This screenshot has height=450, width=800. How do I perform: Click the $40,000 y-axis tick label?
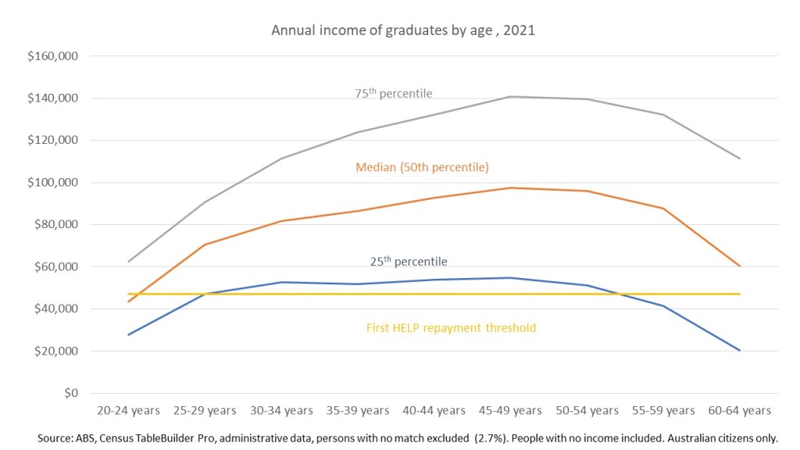coord(56,309)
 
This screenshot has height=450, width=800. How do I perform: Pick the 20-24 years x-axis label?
coord(128,410)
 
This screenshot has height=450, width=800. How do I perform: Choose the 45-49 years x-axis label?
coord(510,410)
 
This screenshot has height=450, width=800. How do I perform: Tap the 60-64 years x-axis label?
coord(739,410)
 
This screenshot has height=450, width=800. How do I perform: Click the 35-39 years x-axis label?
coord(357,410)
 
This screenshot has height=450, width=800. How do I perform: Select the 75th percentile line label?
coord(394,94)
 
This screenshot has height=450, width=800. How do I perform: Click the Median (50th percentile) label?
coord(422,167)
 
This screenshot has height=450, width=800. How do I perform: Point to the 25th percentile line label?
coord(409,262)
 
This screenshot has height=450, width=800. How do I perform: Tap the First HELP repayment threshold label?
coord(451,328)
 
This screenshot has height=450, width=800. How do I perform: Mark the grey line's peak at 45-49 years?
coord(510,97)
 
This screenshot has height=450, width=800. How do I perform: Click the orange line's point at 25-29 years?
coord(205,245)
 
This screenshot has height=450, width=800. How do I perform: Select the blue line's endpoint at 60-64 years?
coord(739,350)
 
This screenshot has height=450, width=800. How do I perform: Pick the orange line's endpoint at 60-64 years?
coord(739,266)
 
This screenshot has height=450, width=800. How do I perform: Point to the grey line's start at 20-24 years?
coord(128,262)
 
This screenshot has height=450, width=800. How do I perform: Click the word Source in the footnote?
coord(55,438)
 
